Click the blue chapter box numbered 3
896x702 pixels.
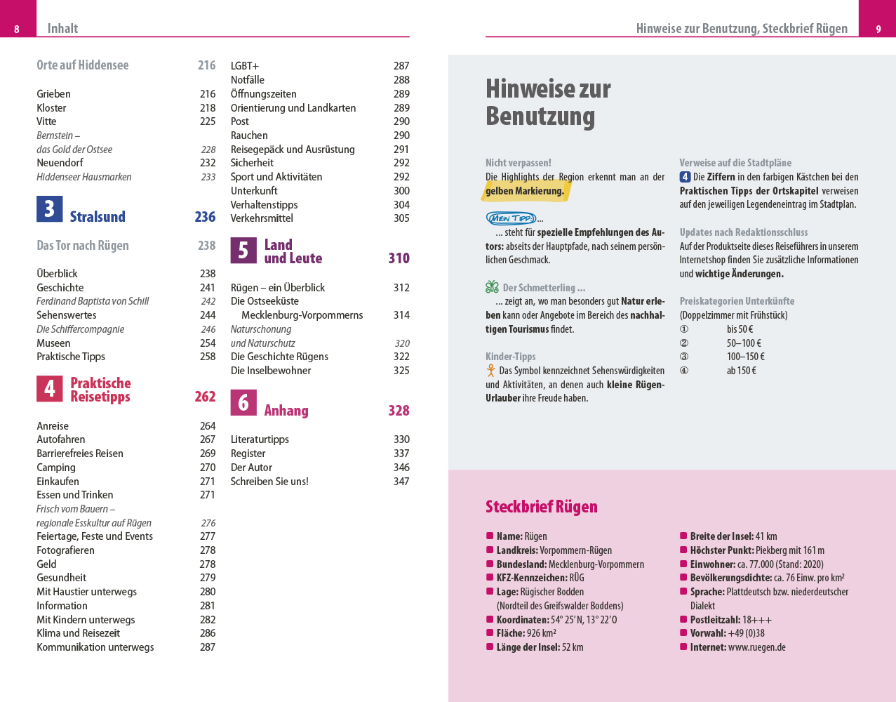[x=49, y=209]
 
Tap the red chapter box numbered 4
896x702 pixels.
[x=49, y=388]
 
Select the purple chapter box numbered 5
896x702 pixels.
[x=243, y=250]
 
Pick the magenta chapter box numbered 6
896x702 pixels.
[x=243, y=402]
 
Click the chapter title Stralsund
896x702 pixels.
[x=98, y=217]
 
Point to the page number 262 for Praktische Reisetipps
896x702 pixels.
[x=205, y=397]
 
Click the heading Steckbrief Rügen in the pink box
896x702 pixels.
[x=541, y=507]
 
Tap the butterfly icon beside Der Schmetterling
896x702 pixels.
[x=492, y=287]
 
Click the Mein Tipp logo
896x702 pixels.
[x=511, y=218]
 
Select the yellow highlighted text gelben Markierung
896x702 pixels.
[x=525, y=191]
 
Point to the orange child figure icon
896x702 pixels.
[x=491, y=371]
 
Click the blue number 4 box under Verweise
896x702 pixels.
[x=685, y=177]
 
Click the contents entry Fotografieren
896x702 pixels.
[x=65, y=550]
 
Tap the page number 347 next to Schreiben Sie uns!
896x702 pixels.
[x=401, y=482]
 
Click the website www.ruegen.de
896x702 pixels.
[x=756, y=647]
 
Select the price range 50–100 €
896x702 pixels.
[x=744, y=343]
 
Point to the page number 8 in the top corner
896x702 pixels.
[x=17, y=29]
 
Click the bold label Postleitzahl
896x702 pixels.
[x=715, y=620]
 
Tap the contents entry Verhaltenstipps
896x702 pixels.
[x=264, y=205]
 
